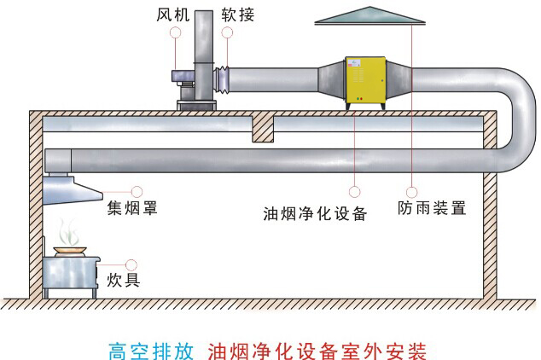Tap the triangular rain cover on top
370,16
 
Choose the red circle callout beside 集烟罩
136,191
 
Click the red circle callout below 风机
176,32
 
